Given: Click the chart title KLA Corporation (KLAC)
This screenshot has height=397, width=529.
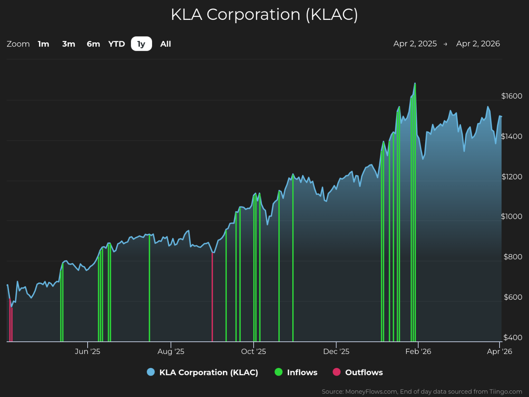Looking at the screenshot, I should pyautogui.click(x=264, y=15).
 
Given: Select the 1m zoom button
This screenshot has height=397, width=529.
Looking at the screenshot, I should pyautogui.click(x=43, y=44).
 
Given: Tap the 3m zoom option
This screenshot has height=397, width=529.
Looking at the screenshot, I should pyautogui.click(x=68, y=44).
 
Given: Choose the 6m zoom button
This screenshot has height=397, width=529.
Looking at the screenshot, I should pyautogui.click(x=93, y=44).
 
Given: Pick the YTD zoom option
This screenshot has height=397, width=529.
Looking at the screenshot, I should pyautogui.click(x=117, y=44).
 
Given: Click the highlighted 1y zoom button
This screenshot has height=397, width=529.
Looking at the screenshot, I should pyautogui.click(x=141, y=44).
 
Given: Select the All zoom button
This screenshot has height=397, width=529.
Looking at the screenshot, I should pyautogui.click(x=166, y=44).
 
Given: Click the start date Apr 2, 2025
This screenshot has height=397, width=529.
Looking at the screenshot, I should pyautogui.click(x=415, y=44).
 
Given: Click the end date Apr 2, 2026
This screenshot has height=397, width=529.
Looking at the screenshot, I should pyautogui.click(x=478, y=44).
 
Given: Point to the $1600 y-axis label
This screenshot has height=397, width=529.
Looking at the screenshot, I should pyautogui.click(x=512, y=96).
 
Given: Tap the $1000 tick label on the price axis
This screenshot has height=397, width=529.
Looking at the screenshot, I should pyautogui.click(x=512, y=217).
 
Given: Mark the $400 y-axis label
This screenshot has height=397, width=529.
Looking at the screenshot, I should pyautogui.click(x=512, y=337).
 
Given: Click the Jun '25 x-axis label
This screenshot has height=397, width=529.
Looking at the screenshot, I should pyautogui.click(x=88, y=351).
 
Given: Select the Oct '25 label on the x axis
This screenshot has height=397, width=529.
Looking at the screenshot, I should pyautogui.click(x=253, y=351).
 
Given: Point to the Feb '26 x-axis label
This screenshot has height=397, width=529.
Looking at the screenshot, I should pyautogui.click(x=418, y=351).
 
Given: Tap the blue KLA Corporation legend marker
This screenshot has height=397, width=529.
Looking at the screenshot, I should pyautogui.click(x=151, y=372).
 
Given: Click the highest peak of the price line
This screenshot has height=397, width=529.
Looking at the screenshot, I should pyautogui.click(x=415, y=84).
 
